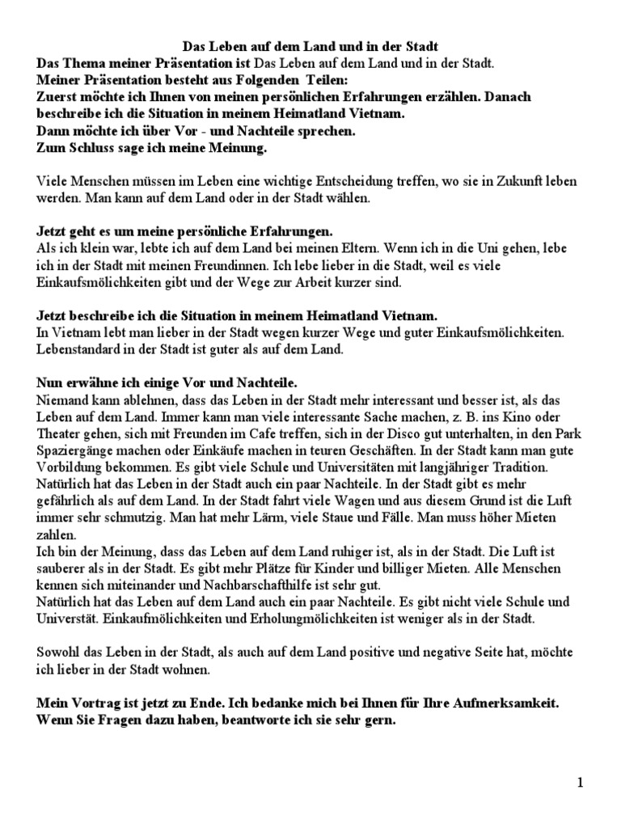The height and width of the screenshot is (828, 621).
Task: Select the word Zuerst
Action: pyautogui.click(x=59, y=98)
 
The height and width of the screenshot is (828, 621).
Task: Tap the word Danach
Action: pyautogui.click(x=508, y=98)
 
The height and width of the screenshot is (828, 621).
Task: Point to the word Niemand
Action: pyautogui.click(x=64, y=400)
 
